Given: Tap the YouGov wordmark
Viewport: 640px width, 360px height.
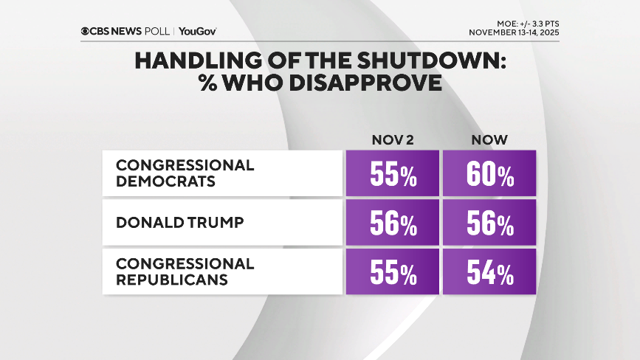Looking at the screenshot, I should [197, 31].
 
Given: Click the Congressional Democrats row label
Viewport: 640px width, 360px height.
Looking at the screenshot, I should [185, 173].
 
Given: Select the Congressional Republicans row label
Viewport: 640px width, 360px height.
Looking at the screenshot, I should [185, 271].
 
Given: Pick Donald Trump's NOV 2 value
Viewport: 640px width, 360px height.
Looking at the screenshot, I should [392, 224].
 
